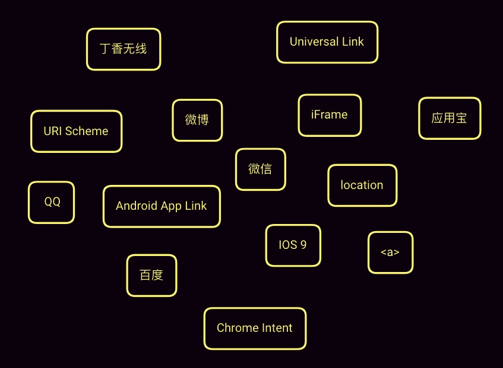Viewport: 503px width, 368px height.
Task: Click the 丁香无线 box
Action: (x=124, y=49)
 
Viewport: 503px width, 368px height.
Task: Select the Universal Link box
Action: (x=327, y=42)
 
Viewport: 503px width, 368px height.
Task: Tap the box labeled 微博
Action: (x=197, y=120)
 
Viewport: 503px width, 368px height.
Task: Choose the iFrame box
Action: (x=329, y=115)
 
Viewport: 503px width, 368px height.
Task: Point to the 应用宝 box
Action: (x=450, y=119)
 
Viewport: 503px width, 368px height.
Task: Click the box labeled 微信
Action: (x=260, y=169)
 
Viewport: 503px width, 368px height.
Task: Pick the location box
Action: (x=362, y=185)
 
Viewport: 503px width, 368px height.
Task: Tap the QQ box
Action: (x=52, y=202)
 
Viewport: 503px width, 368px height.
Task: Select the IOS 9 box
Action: (x=293, y=245)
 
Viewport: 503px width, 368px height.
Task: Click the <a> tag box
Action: (x=390, y=252)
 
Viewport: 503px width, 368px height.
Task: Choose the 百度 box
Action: (x=151, y=276)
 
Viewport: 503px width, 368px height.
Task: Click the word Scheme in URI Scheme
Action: (x=87, y=132)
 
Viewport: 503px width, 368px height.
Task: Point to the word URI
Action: (x=53, y=132)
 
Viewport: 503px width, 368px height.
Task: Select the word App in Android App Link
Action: (x=172, y=206)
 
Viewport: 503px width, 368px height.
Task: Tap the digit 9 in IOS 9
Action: (x=303, y=245)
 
